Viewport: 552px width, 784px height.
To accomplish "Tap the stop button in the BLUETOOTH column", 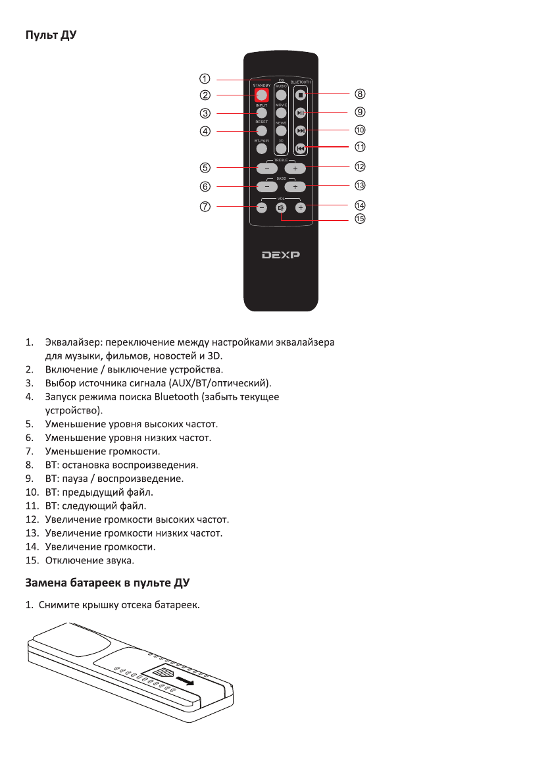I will (301, 95).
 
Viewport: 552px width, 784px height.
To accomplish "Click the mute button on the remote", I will (281, 208).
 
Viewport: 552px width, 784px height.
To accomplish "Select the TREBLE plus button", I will (295, 169).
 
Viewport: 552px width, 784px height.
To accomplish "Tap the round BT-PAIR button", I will (262, 149).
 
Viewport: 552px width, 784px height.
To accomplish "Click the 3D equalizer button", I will (281, 149).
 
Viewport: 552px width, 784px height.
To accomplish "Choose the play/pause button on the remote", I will (301, 113).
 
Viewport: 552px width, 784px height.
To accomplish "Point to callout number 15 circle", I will (360, 219).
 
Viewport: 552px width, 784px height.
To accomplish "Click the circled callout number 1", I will (205, 79).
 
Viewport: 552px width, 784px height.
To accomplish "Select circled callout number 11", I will (360, 147).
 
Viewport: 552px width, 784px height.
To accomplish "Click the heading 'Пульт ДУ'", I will (51, 34).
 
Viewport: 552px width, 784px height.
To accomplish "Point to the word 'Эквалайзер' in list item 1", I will (74, 342).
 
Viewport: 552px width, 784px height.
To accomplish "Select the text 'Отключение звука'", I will (89, 560).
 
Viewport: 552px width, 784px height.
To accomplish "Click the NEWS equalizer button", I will (281, 131).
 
